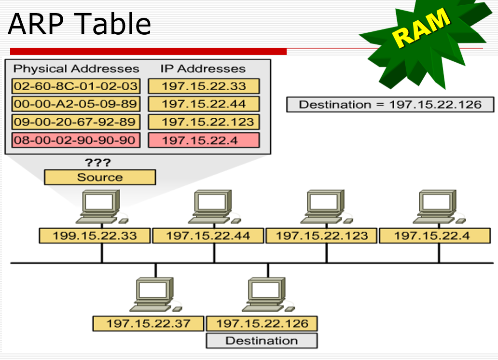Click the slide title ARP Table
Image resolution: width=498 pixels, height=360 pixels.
[80, 24]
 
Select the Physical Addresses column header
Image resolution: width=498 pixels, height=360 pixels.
[76, 69]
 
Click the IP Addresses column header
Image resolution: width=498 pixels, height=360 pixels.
[203, 69]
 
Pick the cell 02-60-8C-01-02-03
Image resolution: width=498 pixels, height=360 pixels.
[76, 87]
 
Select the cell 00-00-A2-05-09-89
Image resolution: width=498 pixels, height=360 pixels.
[76, 104]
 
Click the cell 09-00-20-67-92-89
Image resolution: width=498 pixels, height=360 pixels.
[76, 122]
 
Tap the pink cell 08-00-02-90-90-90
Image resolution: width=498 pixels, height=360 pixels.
[76, 140]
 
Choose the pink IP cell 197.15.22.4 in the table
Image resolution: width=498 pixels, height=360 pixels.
[204, 140]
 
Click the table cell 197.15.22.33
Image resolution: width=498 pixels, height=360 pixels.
[204, 87]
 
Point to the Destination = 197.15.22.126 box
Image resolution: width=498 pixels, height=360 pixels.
[390, 105]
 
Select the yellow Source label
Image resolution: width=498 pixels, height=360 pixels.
[100, 177]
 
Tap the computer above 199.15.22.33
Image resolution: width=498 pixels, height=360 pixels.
[100, 207]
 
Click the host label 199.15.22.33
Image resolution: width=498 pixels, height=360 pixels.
[95, 236]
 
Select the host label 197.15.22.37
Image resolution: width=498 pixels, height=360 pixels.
[149, 323]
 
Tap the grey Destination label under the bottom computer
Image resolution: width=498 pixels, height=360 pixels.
[262, 341]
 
